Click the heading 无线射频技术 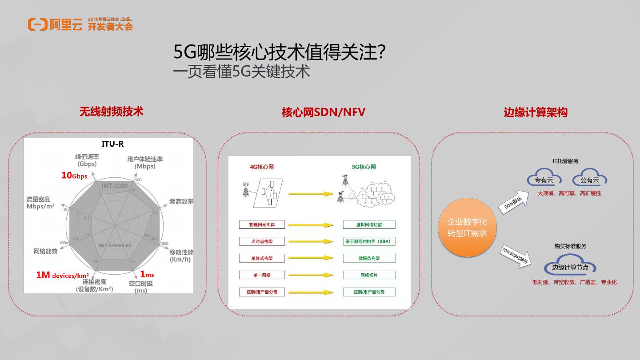point(111,111)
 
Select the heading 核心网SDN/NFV point(323,112)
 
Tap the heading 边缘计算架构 point(535,112)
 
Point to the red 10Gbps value point(74,176)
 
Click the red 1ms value point(147,275)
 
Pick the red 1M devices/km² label point(62,276)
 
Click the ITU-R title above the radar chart point(112,144)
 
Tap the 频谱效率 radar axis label point(181,201)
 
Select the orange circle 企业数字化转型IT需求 point(467,227)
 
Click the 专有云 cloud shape point(544,179)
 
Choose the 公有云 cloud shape point(589,179)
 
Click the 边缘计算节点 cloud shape point(570,267)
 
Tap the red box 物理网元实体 point(262,224)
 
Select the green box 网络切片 point(369,275)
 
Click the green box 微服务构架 point(369,258)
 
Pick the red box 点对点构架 point(262,241)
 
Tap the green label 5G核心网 point(364,167)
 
